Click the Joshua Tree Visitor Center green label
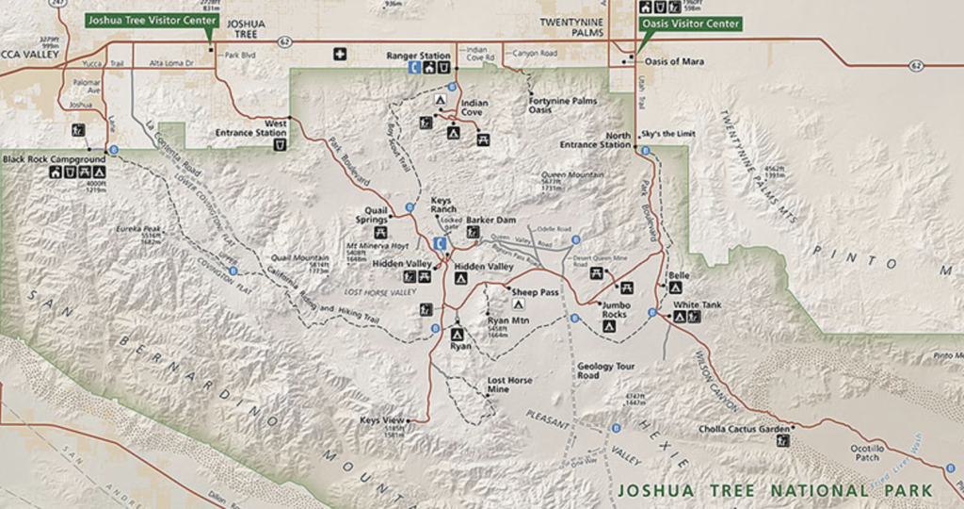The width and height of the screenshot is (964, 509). point(151,19)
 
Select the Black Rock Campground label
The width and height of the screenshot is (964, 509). point(53,159)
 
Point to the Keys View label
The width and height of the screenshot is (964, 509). point(381,420)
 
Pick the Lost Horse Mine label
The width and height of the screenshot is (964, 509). point(509,385)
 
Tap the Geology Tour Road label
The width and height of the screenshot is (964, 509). point(600,370)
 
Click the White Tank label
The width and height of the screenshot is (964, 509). point(698,304)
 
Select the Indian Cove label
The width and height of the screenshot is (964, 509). point(473,108)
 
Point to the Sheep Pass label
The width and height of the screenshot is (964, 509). point(536,292)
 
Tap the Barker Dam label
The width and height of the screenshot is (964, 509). point(490,220)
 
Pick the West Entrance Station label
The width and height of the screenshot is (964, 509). point(264,128)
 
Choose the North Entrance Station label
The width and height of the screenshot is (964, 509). point(605,140)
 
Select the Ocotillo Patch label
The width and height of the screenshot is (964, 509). point(868,452)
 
